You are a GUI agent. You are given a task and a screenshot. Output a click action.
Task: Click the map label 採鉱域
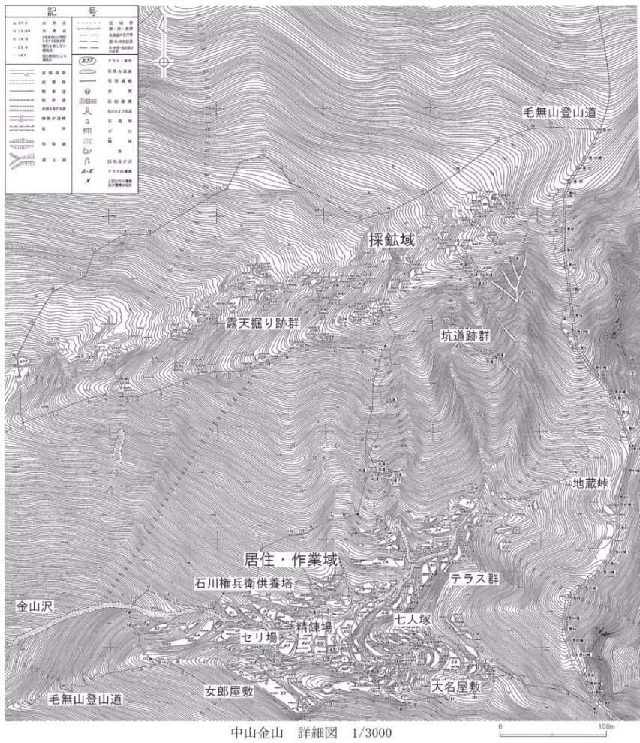pyautogui.click(x=391, y=239)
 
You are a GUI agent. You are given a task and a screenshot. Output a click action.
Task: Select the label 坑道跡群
pyautogui.click(x=464, y=337)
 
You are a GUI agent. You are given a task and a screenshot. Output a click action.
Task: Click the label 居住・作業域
pyautogui.click(x=292, y=560)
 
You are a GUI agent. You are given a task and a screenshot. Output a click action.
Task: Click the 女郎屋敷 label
pyautogui.click(x=229, y=691)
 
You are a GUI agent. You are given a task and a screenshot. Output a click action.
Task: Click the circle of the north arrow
pyautogui.click(x=163, y=63)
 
